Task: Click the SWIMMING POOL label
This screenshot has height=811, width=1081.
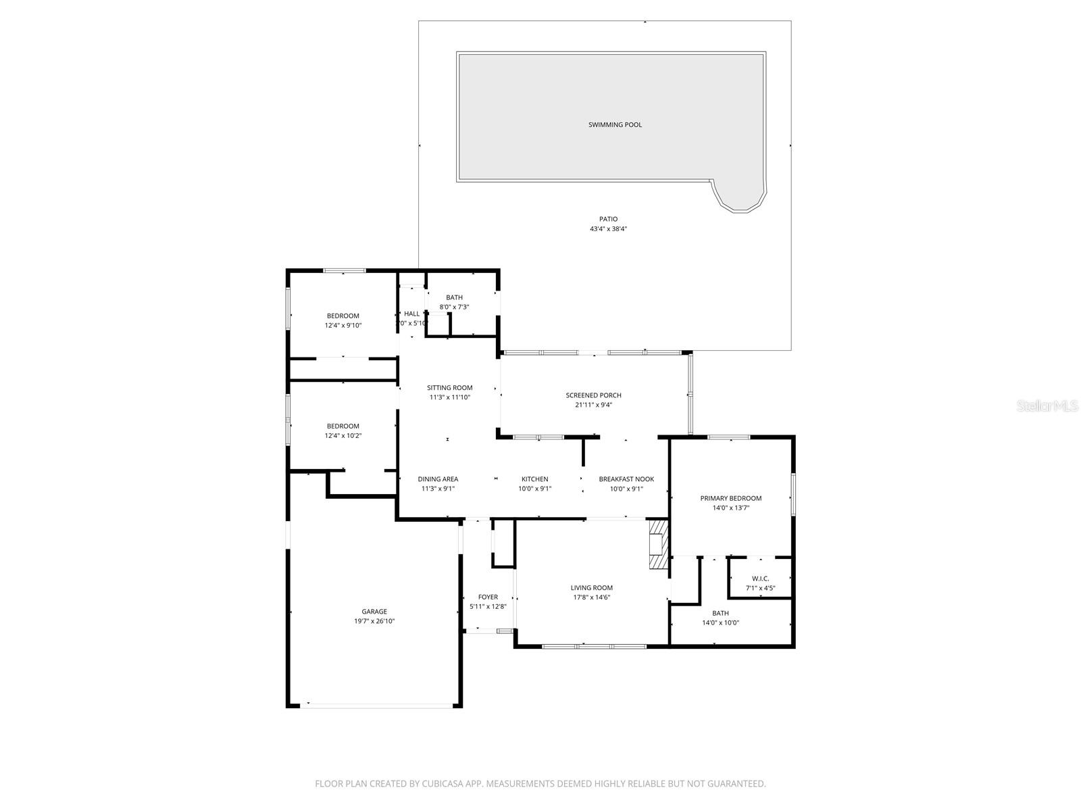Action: click(615, 124)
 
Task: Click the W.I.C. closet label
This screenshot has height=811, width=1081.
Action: click(760, 579)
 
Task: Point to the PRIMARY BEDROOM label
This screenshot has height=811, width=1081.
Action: click(730, 498)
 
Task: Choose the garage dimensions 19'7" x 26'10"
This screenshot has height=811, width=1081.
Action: click(374, 621)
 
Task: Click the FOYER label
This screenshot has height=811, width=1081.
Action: click(488, 597)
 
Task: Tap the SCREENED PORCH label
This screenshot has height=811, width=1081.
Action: click(593, 395)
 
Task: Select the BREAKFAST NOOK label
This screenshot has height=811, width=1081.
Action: click(626, 479)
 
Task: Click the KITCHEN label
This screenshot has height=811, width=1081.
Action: click(534, 479)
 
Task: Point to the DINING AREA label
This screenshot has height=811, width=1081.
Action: click(438, 479)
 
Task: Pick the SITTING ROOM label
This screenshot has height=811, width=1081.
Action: click(449, 388)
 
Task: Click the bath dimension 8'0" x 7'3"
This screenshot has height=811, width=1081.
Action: click(454, 307)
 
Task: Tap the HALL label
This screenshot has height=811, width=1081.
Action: click(411, 314)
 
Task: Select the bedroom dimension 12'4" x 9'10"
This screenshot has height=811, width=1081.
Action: click(343, 325)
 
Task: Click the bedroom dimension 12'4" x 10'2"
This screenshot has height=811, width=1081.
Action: click(343, 436)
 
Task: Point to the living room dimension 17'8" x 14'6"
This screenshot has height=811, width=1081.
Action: click(592, 597)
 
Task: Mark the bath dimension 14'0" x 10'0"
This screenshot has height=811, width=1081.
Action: click(720, 623)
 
